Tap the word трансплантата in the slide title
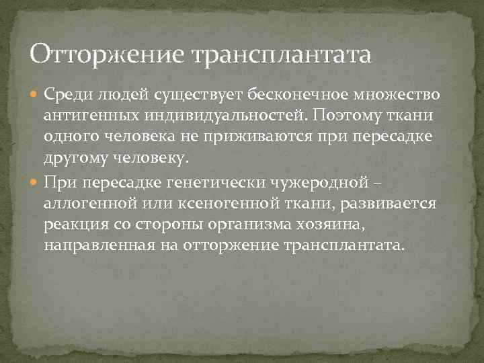pyautogui.click(x=282, y=53)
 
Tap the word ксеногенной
pyautogui.click(x=216, y=204)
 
